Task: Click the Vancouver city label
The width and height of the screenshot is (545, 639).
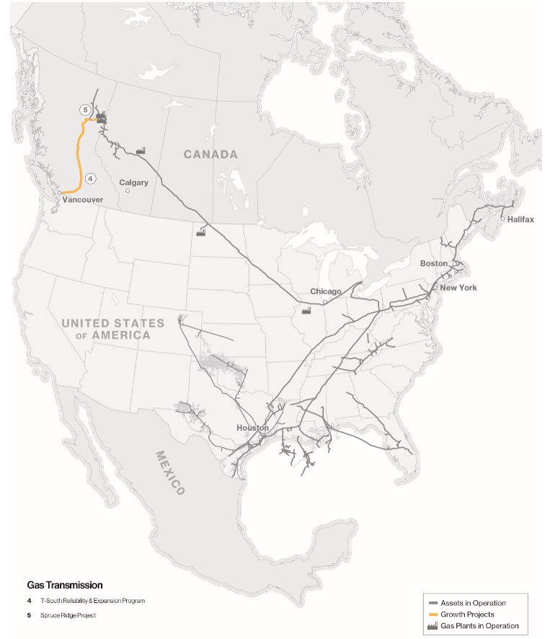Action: [x=84, y=199]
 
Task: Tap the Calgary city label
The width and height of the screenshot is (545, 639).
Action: [x=134, y=182]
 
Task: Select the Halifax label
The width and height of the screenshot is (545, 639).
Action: [x=520, y=219]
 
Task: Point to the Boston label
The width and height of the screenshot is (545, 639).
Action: [x=434, y=263]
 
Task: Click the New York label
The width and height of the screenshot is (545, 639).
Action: [x=458, y=288]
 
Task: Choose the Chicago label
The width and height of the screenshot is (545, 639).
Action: [x=326, y=291]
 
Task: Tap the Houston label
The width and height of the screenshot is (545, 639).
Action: [x=252, y=428]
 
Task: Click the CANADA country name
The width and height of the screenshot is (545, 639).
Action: [x=211, y=154]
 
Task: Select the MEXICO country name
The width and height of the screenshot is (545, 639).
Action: [x=170, y=472]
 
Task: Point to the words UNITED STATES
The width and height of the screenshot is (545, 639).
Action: [x=112, y=323]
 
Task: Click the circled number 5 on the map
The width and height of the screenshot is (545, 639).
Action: [x=85, y=110]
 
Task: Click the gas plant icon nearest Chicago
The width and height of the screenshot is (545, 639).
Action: [x=306, y=310]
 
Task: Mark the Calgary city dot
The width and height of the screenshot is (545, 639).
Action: [x=128, y=191]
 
